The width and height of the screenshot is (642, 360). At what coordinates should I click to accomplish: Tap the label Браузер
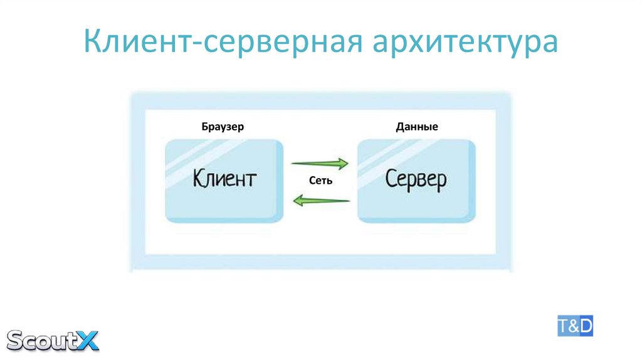(223, 127)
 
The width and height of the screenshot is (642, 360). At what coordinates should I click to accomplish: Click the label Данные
(416, 127)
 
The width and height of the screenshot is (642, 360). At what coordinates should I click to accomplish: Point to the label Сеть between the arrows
(320, 181)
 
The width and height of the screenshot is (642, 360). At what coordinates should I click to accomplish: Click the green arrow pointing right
(320, 163)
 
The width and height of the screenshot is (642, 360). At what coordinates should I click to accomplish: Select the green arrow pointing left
(321, 201)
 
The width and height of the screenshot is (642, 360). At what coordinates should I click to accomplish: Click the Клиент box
(224, 181)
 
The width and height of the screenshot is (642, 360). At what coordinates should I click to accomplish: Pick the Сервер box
(416, 181)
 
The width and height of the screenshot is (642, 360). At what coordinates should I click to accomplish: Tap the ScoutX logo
(53, 339)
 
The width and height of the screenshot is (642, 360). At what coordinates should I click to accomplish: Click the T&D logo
(575, 327)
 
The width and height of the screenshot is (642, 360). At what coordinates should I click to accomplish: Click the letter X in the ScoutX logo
(88, 339)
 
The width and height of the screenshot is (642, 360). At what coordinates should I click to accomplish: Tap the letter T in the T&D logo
(563, 327)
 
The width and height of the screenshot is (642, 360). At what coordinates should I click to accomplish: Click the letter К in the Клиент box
(199, 178)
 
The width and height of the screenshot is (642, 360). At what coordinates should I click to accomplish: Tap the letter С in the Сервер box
(391, 178)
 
